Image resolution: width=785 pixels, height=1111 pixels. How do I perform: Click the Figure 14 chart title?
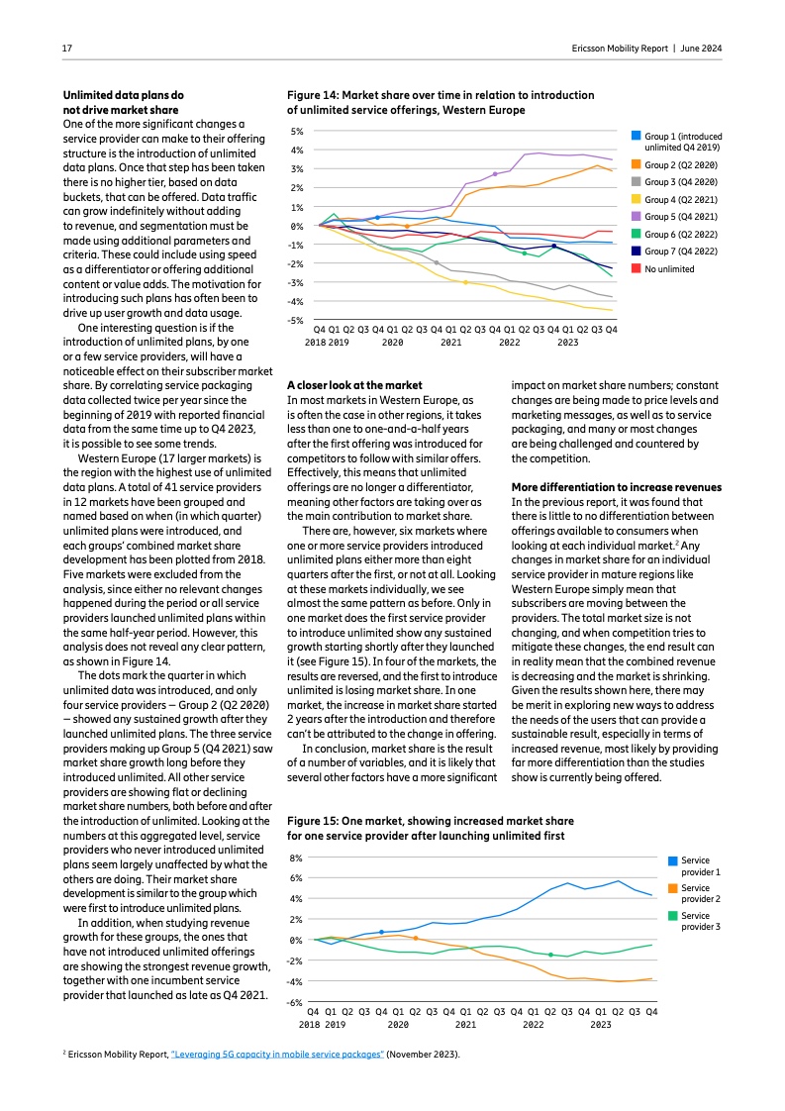[441, 103]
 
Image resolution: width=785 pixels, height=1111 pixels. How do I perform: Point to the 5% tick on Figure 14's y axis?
[296, 132]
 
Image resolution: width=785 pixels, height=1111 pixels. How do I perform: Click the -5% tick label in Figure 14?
[295, 320]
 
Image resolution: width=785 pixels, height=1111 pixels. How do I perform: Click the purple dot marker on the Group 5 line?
[495, 174]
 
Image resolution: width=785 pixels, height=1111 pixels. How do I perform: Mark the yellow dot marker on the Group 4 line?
[465, 282]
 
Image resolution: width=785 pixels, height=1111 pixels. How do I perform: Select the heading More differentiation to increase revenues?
[616, 487]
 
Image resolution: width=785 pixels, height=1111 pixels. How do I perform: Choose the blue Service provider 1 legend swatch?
[674, 861]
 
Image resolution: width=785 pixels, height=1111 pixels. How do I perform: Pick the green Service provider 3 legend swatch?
[674, 916]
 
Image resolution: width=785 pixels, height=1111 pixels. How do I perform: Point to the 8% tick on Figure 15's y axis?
[295, 858]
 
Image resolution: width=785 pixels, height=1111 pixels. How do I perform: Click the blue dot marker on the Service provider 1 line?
[381, 932]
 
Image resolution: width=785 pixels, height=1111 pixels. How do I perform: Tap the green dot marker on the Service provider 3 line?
[550, 955]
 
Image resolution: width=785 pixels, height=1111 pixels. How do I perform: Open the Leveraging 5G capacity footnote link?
[277, 1055]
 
